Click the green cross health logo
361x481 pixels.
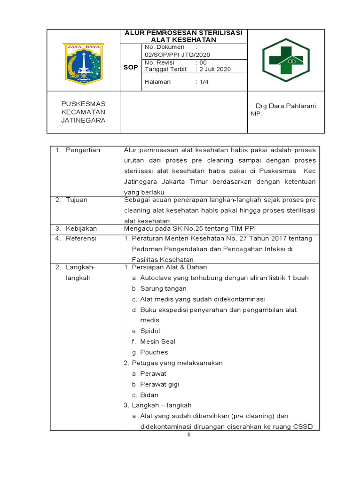[x=286, y=60]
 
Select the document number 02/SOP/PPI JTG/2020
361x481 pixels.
[x=177, y=55]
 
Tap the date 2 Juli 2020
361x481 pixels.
[x=215, y=70]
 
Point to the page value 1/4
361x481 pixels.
[x=203, y=82]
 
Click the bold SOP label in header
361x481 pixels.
[x=131, y=67]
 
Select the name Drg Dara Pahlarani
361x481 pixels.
[x=285, y=106]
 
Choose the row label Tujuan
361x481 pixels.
[x=78, y=200]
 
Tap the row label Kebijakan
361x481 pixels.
[x=81, y=228]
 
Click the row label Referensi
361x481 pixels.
[x=80, y=238]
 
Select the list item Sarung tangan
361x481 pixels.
[x=163, y=288]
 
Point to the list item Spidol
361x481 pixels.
[x=150, y=331]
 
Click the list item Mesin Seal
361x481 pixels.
[x=157, y=341]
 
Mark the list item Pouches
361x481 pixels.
[x=154, y=352]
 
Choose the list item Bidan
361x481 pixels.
[x=149, y=395]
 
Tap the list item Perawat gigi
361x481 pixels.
[x=159, y=384]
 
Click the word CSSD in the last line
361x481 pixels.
[x=303, y=427]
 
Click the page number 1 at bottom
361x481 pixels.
[x=188, y=435]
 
